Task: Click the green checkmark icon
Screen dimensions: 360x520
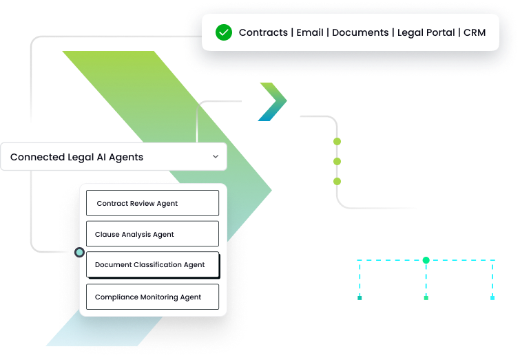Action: pos(223,32)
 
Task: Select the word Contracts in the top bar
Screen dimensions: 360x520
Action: pos(263,32)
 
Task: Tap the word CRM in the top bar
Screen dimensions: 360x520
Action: pos(475,32)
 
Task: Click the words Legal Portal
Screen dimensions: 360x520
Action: pos(426,32)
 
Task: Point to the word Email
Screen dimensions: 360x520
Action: pos(310,32)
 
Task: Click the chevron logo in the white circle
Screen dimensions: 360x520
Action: pos(272,101)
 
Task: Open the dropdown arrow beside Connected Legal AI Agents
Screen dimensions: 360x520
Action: pos(216,157)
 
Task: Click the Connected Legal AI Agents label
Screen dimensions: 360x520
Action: pos(76,157)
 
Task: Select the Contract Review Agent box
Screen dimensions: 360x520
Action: pos(152,203)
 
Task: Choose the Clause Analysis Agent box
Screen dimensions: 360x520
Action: pos(152,234)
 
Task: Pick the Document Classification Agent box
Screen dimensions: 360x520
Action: pos(152,265)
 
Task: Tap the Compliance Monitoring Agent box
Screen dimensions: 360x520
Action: pos(152,297)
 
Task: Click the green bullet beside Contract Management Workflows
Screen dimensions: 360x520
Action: pos(337,142)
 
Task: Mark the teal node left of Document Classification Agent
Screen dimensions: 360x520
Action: pos(80,253)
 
